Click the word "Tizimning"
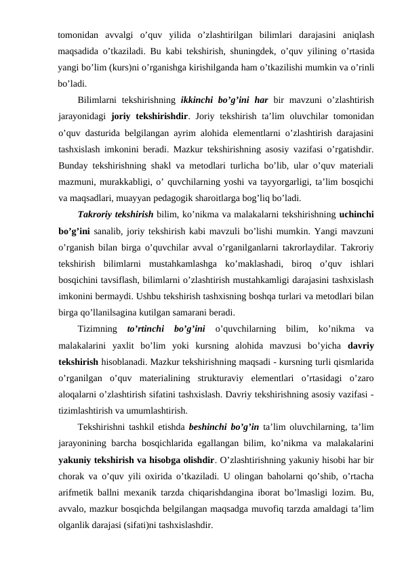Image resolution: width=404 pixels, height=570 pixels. click(x=98, y=330)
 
